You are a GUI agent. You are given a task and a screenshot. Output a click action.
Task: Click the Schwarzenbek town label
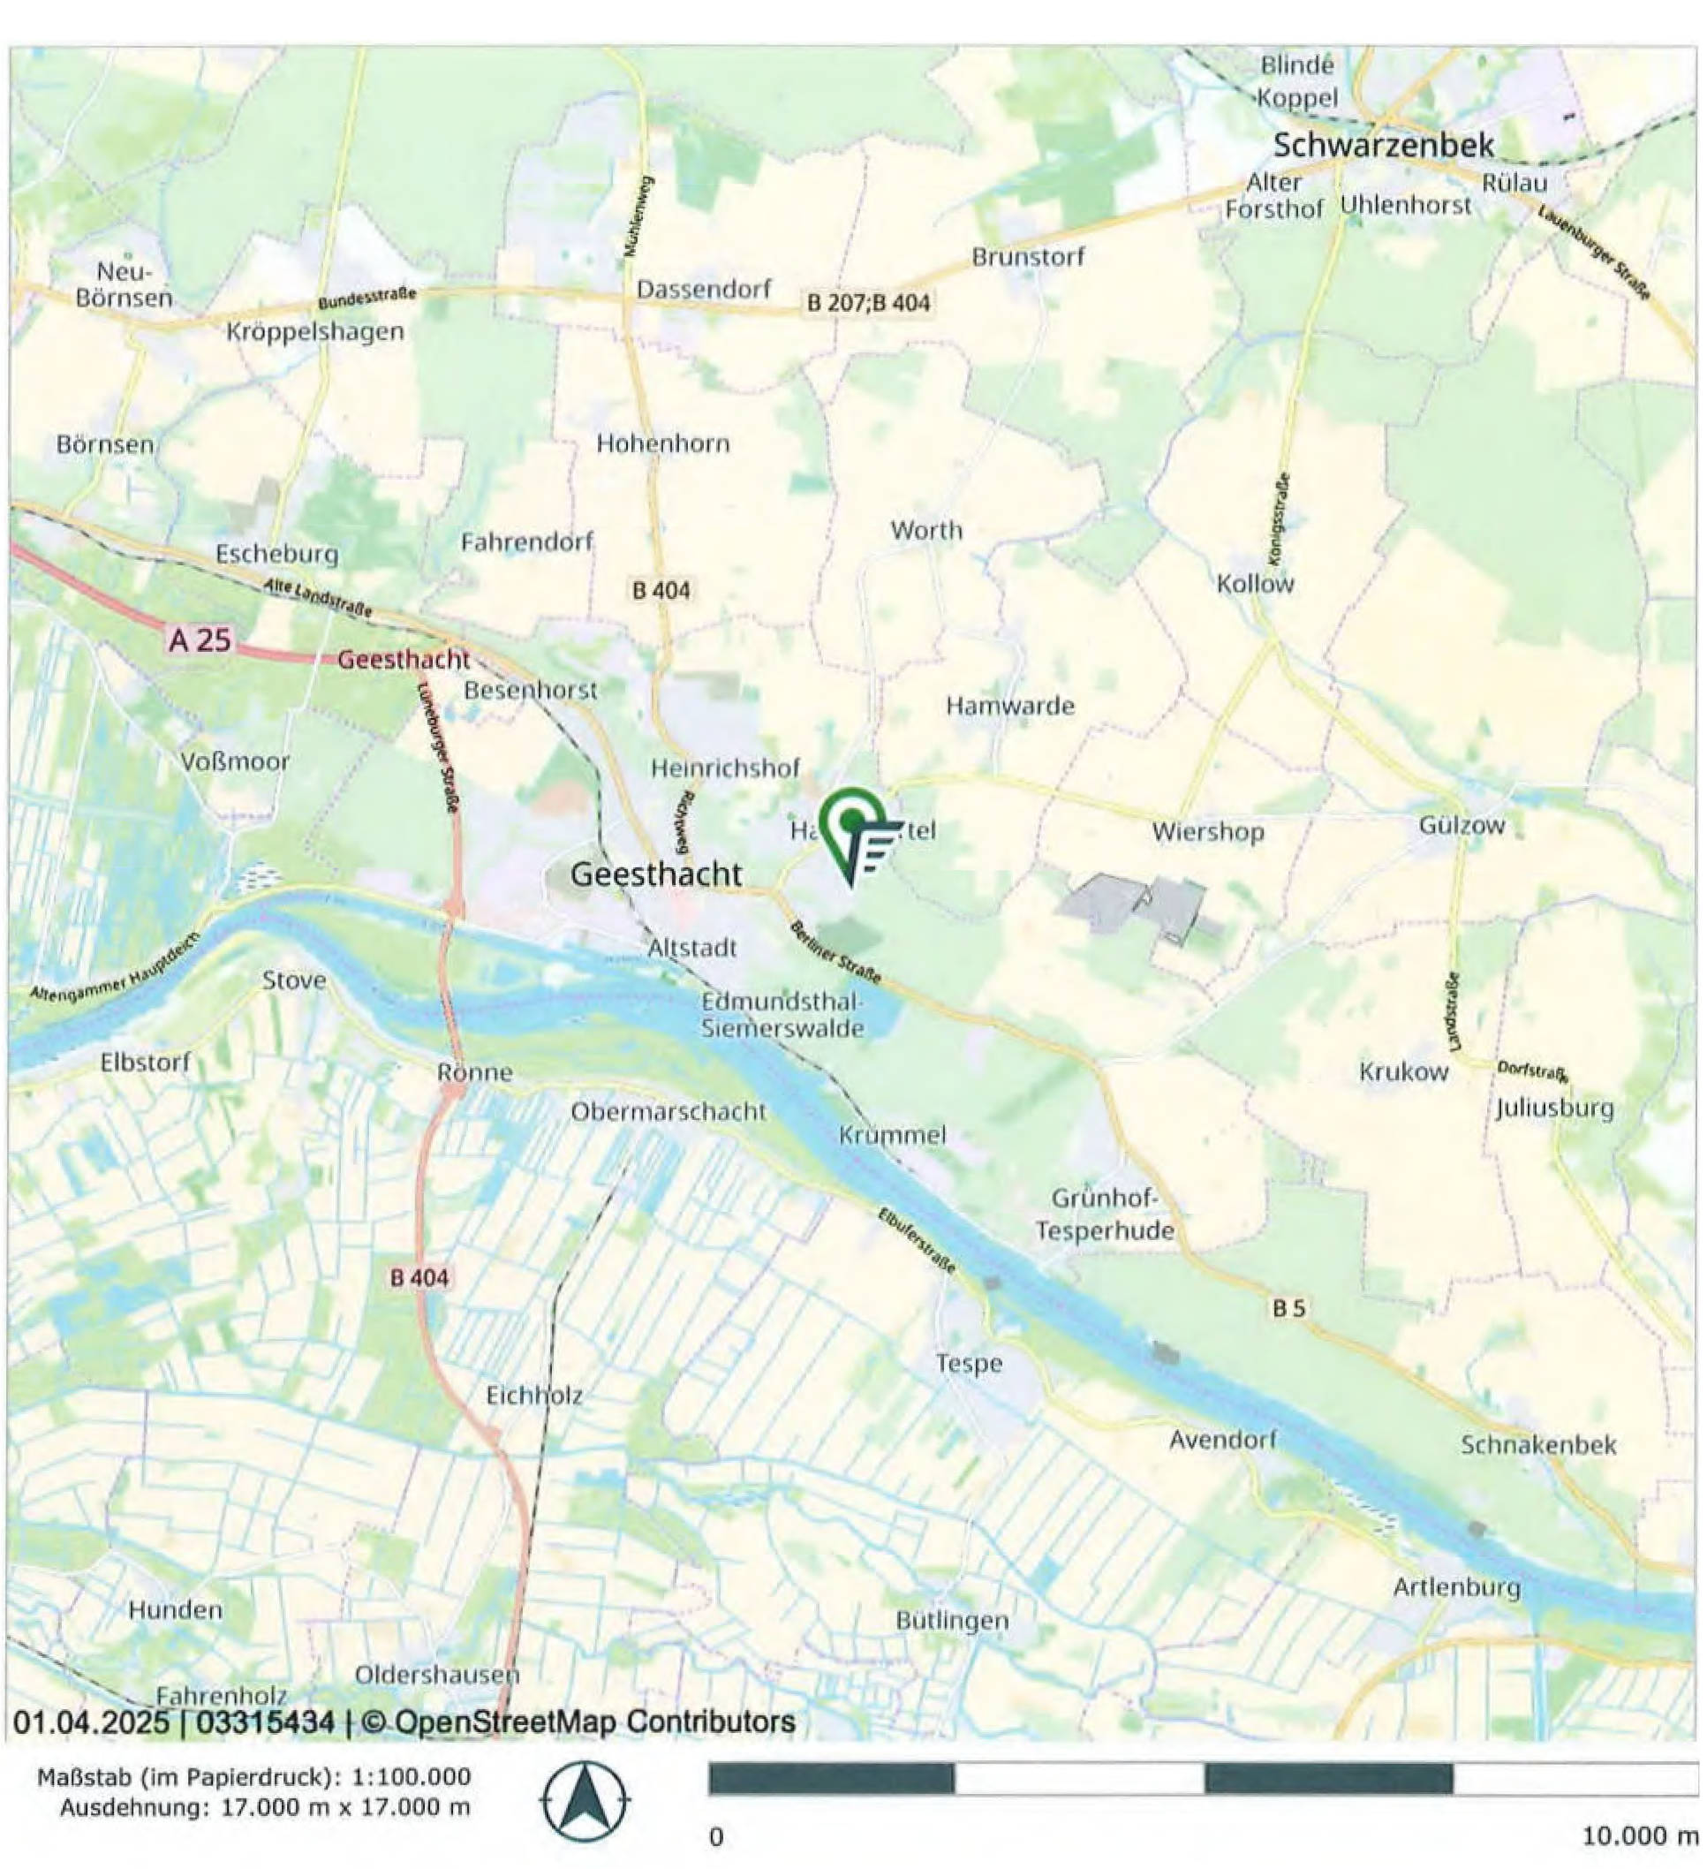[1383, 146]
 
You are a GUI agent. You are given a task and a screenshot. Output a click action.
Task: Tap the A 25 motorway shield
[200, 639]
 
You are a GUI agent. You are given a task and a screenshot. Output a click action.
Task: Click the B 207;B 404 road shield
[868, 302]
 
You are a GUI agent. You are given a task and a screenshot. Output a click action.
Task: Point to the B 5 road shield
[1288, 1308]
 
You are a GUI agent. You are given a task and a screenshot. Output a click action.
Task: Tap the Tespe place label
[969, 1364]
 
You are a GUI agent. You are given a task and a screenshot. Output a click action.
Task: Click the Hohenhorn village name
[662, 444]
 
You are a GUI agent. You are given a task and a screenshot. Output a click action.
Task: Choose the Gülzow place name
[1462, 825]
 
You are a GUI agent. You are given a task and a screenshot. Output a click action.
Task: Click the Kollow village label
[1255, 584]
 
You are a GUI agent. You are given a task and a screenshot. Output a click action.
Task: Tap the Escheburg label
[277, 555]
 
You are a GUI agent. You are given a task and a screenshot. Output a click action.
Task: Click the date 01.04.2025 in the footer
[91, 1722]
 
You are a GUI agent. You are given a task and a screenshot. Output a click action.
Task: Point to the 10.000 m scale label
[1638, 1835]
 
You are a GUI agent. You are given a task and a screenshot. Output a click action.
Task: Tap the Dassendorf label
[703, 289]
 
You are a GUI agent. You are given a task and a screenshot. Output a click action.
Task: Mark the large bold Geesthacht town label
[656, 874]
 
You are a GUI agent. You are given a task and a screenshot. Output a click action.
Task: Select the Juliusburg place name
[1554, 1109]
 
